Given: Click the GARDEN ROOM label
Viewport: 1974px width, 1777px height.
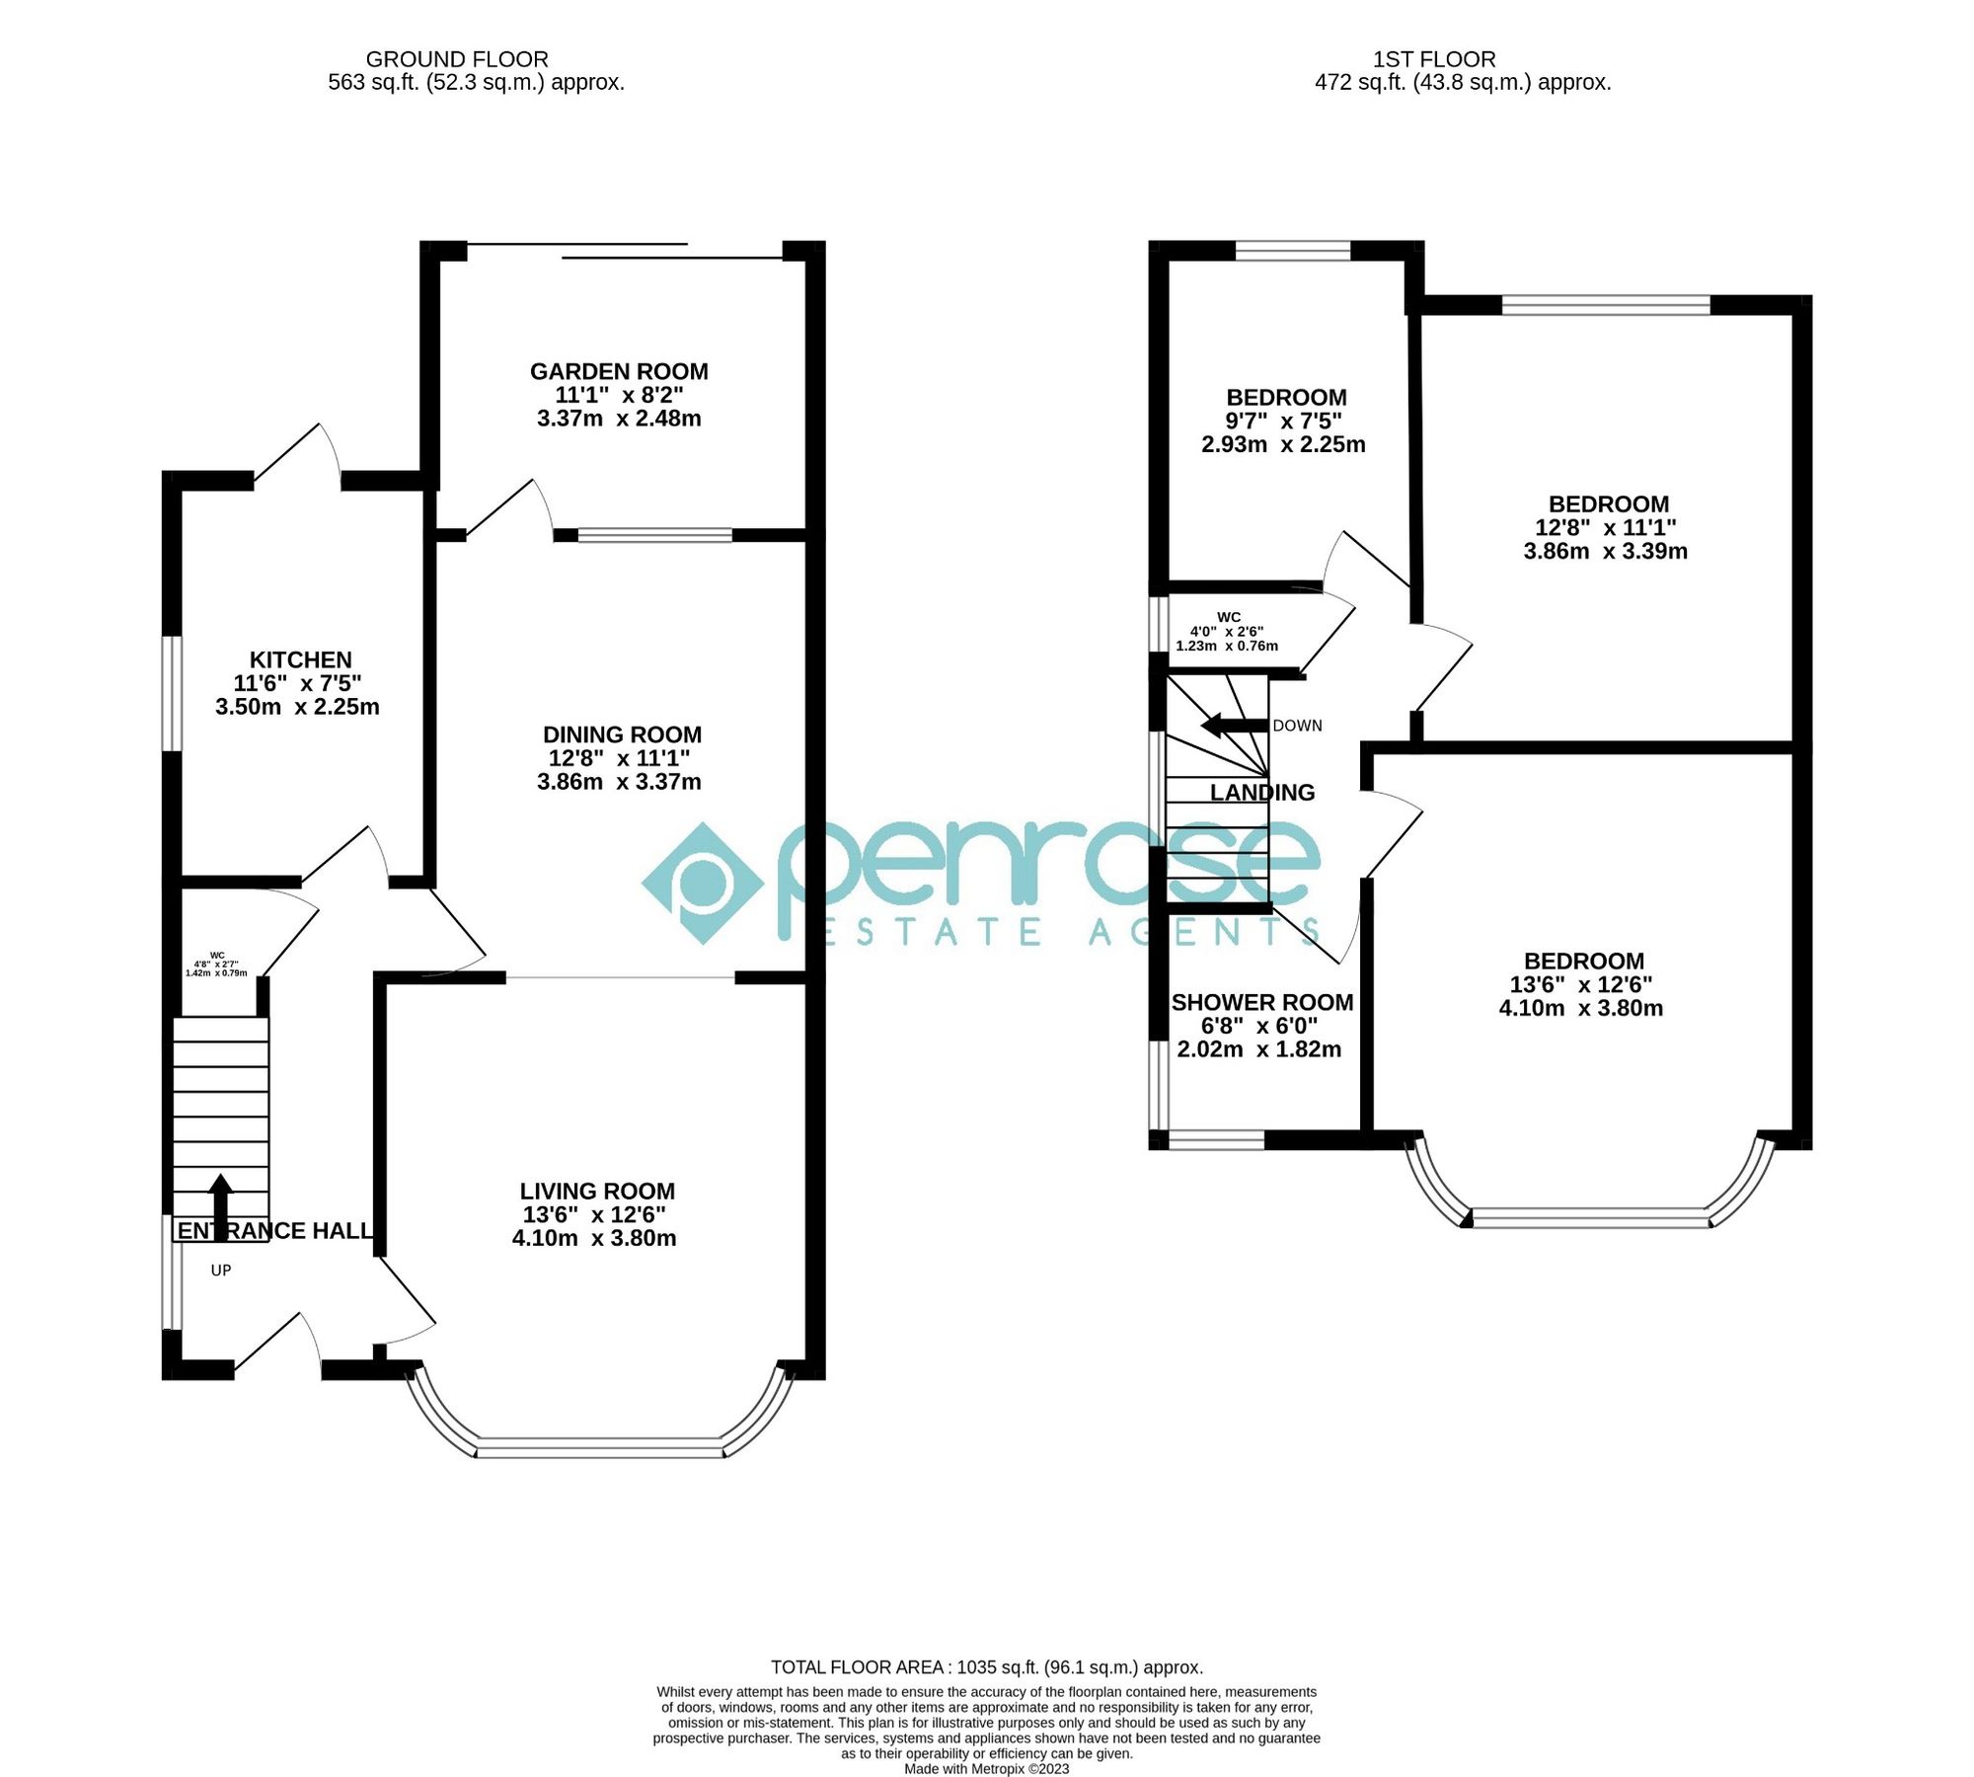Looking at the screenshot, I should (x=619, y=371).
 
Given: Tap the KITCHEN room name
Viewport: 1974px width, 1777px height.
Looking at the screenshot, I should (x=300, y=659).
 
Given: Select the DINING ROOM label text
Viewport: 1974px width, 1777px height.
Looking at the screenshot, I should (x=622, y=734).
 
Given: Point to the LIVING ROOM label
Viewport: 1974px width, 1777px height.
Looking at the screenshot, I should (x=597, y=1191).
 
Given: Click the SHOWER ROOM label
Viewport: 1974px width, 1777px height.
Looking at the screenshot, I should (x=1261, y=1002).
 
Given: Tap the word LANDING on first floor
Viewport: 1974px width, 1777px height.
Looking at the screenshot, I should (x=1262, y=792).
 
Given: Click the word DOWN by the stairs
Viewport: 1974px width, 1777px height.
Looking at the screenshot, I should (x=1297, y=726).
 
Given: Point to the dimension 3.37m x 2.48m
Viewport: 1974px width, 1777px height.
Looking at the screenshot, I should (x=619, y=419).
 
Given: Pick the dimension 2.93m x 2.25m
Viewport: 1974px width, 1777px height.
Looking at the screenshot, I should (x=1283, y=444).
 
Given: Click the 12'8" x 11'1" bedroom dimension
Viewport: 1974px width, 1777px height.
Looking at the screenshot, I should (x=1605, y=527).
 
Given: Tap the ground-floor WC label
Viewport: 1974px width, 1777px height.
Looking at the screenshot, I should (x=217, y=956).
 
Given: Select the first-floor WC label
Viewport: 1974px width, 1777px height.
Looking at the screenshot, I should (x=1229, y=617).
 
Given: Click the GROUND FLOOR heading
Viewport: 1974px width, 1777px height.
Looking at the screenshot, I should (x=457, y=59).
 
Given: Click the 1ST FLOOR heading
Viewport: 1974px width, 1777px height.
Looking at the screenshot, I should (x=1434, y=59).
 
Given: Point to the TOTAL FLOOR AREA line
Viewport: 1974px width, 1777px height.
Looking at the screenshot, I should (x=986, y=1667).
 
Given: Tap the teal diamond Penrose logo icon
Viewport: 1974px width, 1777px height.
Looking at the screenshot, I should (x=703, y=883).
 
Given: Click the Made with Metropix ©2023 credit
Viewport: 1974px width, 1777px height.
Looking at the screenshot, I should (x=986, y=1768).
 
